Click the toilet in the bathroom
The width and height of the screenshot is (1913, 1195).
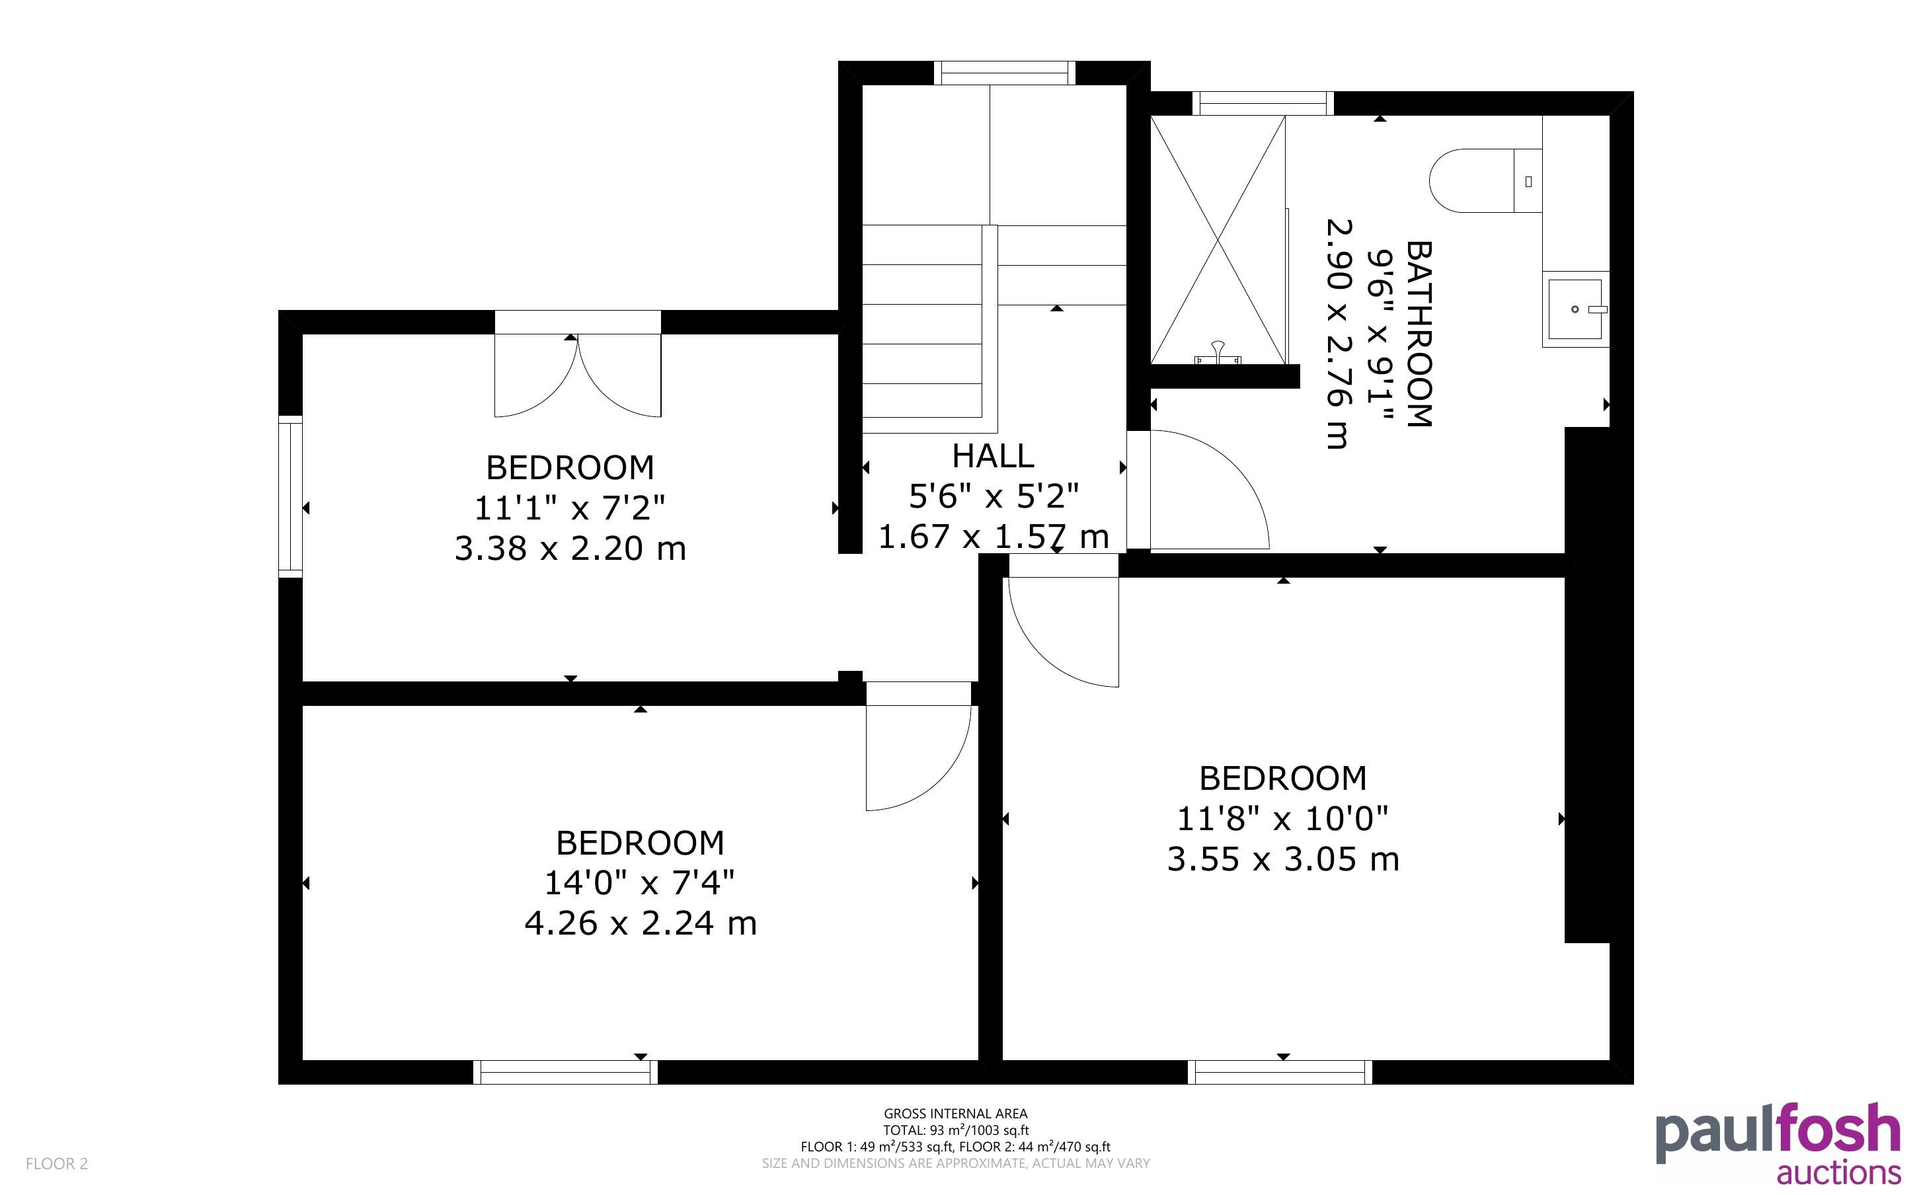[1485, 180]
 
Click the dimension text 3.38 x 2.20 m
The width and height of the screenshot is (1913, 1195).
[570, 549]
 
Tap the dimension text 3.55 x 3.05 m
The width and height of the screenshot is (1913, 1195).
[1282, 859]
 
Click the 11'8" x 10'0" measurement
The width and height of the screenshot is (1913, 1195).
[1282, 819]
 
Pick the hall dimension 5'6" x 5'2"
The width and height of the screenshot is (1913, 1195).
[994, 496]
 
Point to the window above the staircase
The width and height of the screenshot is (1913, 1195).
[1004, 73]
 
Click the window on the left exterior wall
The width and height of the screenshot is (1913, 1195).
[291, 496]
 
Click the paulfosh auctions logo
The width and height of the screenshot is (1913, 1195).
[1778, 1143]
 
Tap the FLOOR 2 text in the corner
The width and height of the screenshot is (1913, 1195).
[57, 1163]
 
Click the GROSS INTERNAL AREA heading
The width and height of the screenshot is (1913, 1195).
[955, 1114]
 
